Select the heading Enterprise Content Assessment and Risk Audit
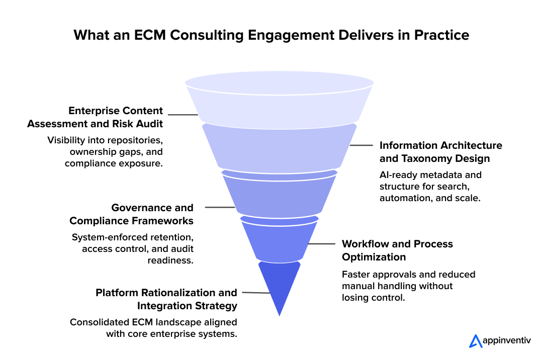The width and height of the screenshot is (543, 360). [95, 117]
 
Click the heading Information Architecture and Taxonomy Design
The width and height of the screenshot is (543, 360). [440, 152]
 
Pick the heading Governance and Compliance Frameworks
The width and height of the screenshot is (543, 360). [131, 214]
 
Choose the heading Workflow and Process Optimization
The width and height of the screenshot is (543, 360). [397, 250]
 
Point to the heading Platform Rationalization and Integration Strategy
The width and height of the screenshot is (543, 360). [166, 299]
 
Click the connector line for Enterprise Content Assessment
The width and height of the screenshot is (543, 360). [184, 115]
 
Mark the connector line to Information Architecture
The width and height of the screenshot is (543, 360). [361, 146]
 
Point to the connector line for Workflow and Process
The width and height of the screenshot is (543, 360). [322, 244]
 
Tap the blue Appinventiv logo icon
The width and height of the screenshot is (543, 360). [475, 341]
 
